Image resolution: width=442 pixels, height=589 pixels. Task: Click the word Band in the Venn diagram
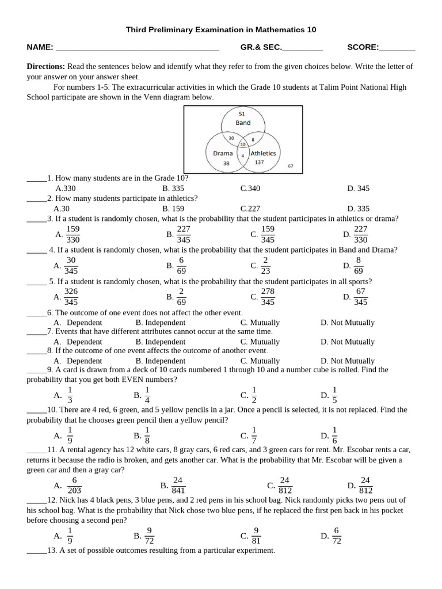(243, 123)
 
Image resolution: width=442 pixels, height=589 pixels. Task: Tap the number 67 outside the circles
(290, 166)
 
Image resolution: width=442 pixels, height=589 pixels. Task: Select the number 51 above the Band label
(242, 114)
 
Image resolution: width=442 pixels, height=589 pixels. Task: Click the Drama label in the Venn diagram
(223, 154)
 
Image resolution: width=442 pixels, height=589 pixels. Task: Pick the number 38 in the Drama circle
(226, 163)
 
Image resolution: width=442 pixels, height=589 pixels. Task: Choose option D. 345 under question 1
(358, 188)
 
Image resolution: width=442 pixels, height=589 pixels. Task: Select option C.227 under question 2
(250, 209)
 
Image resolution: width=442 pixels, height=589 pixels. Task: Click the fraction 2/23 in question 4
(265, 265)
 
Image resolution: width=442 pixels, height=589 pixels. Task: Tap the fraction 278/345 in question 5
(268, 297)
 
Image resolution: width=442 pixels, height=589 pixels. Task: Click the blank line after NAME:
(137, 48)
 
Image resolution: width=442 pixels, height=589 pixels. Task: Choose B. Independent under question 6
(161, 323)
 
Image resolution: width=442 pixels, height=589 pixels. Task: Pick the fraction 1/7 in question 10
(254, 435)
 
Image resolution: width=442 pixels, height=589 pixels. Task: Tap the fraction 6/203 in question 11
(74, 485)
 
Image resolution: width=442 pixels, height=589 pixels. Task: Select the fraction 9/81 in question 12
(256, 536)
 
